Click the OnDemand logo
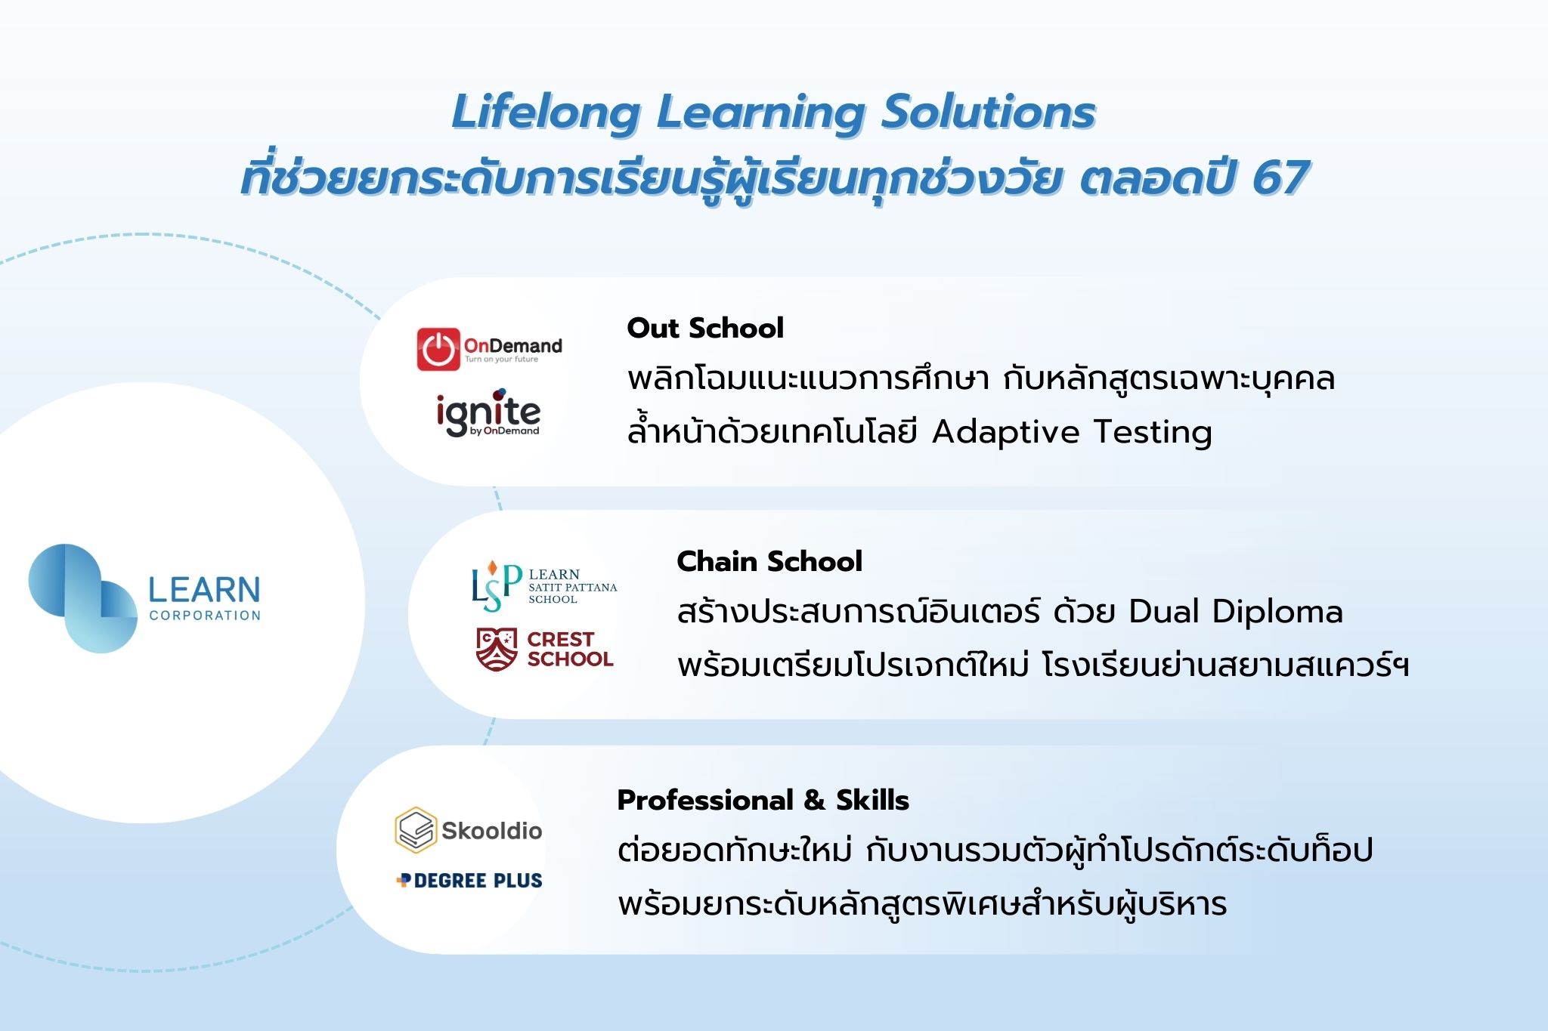coord(489,349)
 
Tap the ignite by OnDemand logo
coord(488,412)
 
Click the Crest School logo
coord(544,649)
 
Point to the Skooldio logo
coord(469,830)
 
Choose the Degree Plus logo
coord(469,881)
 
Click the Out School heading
coord(705,328)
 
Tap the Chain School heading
coord(769,561)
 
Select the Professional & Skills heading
coord(763,800)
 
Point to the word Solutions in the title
coord(989,112)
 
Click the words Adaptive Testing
coord(1072,433)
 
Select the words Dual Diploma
coord(1235,612)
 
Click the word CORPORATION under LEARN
coord(205,616)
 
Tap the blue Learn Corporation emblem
coord(83,598)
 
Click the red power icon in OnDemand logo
coord(438,349)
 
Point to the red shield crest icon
coord(497,649)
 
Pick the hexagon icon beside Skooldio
coord(416,830)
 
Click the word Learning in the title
coord(760,113)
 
